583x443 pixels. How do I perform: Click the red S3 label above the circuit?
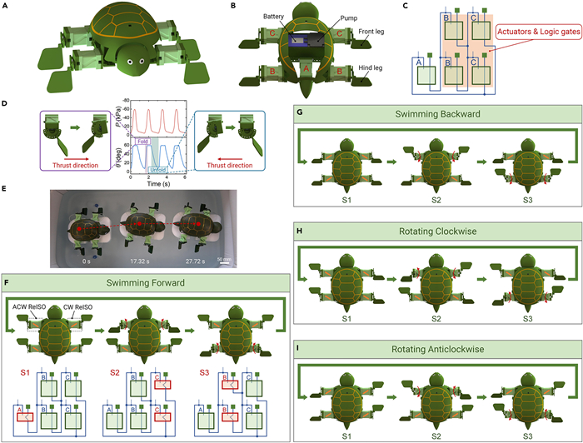205,363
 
